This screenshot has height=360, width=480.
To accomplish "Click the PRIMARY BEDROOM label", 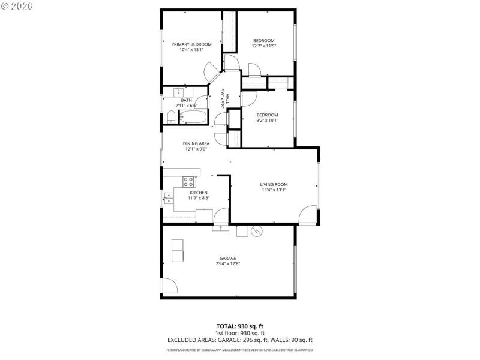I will click(x=191, y=44).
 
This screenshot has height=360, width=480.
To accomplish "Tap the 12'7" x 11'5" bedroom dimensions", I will click(x=263, y=46).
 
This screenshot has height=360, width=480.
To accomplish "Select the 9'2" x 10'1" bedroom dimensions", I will click(x=267, y=120).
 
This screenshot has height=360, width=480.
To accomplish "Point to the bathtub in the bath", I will click(x=193, y=116).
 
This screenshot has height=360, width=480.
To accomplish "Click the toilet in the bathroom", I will click(x=171, y=121).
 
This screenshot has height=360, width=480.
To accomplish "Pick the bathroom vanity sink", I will click(x=178, y=92).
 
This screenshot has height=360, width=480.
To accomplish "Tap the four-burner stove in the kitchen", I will click(x=188, y=181).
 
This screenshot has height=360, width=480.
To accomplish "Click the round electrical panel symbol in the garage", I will click(x=257, y=231).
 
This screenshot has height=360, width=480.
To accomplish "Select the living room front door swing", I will click(x=308, y=215).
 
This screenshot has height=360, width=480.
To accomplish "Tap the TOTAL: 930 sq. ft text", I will click(x=239, y=326).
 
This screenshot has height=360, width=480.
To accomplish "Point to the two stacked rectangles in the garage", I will click(x=178, y=250).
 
